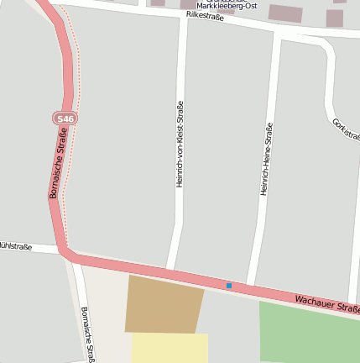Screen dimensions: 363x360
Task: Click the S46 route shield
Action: tap(65, 119)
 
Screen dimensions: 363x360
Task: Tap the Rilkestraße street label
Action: tap(206, 16)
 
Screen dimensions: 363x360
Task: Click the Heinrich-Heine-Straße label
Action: tap(266, 160)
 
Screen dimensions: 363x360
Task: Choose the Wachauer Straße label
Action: tap(326, 304)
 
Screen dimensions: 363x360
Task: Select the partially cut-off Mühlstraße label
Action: tap(15, 246)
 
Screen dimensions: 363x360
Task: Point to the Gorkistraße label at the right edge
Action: tap(346, 131)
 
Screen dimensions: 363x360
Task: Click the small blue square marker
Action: tap(228, 286)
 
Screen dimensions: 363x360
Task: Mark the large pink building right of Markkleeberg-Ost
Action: tap(286, 13)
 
